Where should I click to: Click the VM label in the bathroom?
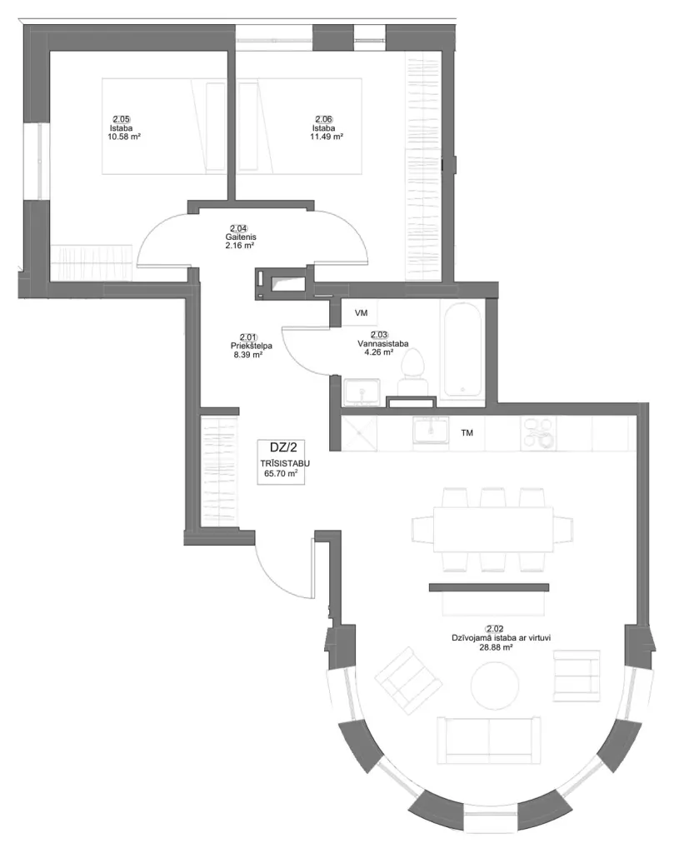tap(361, 313)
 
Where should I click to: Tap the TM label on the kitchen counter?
tap(467, 433)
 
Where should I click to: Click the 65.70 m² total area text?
tap(281, 474)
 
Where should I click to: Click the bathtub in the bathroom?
tap(462, 350)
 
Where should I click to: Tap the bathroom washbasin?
tap(362, 392)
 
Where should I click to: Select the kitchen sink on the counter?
tap(431, 431)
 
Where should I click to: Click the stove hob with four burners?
tap(538, 433)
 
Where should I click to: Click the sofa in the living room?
tap(489, 741)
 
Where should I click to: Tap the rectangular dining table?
tap(493, 529)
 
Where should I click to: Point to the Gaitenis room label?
tap(241, 237)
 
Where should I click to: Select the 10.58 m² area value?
tap(125, 137)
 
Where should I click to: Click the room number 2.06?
tap(324, 119)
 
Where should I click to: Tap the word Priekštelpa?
tap(252, 346)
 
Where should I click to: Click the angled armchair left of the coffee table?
tap(408, 676)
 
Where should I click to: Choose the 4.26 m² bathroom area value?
tap(378, 352)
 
